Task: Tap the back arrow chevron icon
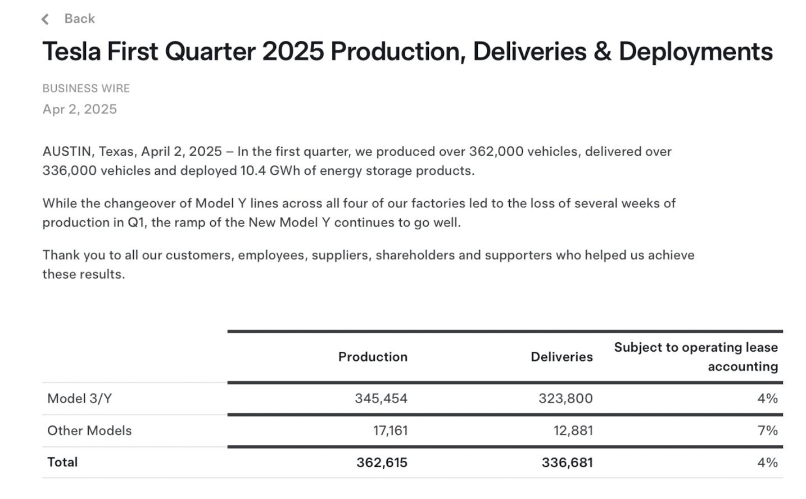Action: pos(45,19)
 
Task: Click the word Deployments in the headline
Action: pos(695,52)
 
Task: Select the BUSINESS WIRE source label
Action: pos(86,88)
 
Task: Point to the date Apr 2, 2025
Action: pos(79,110)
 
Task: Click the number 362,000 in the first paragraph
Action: pos(496,152)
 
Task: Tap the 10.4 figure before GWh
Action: pos(253,170)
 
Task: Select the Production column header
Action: pos(373,357)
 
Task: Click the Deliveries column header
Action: pos(562,357)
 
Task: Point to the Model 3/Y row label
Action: pos(79,398)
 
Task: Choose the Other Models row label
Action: pos(89,430)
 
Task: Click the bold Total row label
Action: pos(62,462)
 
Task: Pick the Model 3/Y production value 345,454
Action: pos(381,398)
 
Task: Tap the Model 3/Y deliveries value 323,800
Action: pos(565,398)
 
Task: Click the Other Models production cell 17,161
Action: pos(391,430)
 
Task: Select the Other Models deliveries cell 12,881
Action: pos(573,430)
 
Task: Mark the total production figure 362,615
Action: pos(382,462)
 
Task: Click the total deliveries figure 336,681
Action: pos(567,462)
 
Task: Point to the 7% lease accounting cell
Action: pos(768,430)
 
